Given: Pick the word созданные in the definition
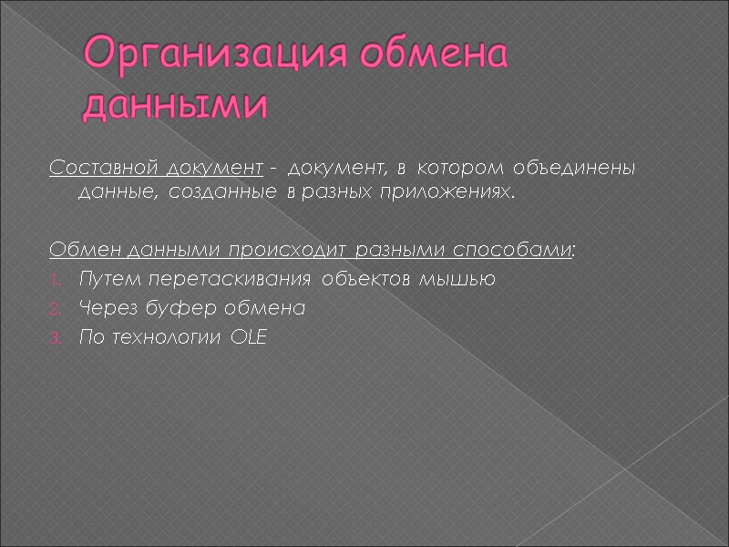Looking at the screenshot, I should pyautogui.click(x=206, y=193).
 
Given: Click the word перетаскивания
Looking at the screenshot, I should pyautogui.click(x=194, y=280).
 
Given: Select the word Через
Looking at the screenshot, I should pyautogui.click(x=102, y=309).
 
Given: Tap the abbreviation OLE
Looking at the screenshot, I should pyautogui.click(x=251, y=338).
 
